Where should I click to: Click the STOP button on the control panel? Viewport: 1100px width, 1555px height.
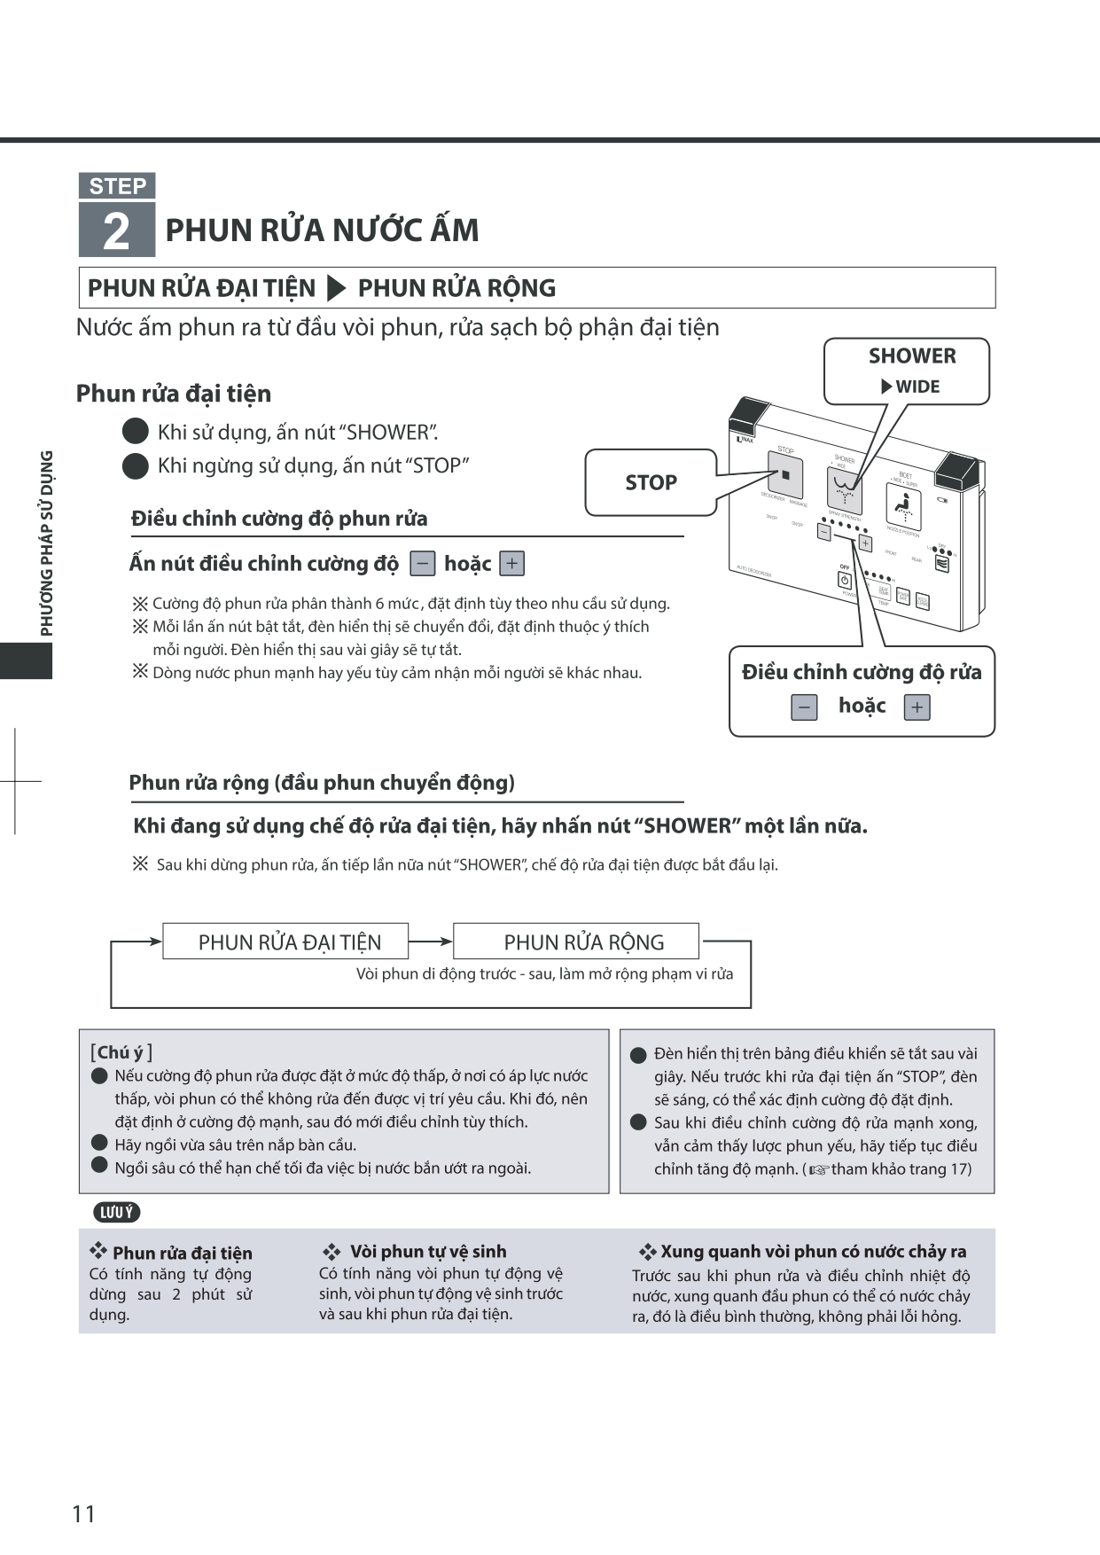(784, 476)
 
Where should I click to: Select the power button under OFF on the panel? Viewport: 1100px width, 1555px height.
(844, 581)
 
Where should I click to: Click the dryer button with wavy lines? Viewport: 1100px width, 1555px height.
(941, 562)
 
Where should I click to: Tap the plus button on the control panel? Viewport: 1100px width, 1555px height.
(865, 543)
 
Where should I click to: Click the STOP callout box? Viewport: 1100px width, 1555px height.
(651, 482)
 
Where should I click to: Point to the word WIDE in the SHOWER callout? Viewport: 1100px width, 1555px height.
(917, 387)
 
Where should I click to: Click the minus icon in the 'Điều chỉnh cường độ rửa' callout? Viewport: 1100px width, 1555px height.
(804, 707)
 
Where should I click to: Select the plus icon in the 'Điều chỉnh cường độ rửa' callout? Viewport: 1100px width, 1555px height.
(917, 707)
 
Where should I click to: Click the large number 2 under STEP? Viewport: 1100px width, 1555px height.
(116, 231)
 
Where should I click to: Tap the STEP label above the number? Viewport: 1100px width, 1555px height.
(117, 186)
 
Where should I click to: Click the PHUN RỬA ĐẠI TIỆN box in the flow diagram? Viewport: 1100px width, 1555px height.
(285, 942)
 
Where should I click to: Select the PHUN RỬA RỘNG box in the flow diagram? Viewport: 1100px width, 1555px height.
(576, 942)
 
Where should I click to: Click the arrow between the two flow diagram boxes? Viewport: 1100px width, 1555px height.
(431, 942)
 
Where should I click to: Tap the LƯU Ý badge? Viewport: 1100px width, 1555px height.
(116, 1212)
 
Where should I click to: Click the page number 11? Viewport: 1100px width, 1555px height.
(83, 1513)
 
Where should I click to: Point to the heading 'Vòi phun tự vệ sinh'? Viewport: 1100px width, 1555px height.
(427, 1252)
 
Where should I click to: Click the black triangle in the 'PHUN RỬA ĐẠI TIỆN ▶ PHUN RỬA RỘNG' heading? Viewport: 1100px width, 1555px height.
(336, 288)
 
